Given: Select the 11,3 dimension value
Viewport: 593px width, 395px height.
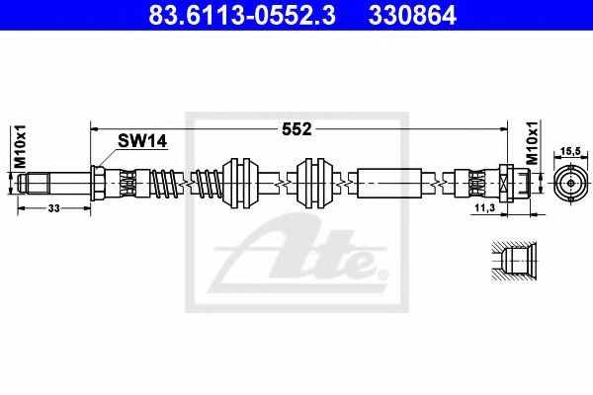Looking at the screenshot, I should [x=484, y=209].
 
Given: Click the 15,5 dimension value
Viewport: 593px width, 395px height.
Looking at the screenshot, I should [x=570, y=151].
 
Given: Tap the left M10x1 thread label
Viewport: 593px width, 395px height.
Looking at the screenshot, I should [x=20, y=144].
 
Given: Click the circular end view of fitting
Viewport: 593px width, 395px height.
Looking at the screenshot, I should [x=570, y=184].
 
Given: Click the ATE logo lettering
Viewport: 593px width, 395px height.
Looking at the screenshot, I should [x=306, y=255].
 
